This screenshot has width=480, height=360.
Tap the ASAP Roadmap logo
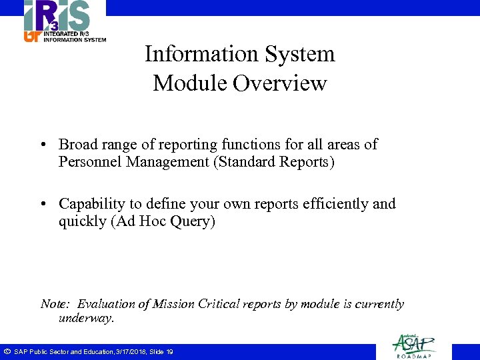click(414, 345)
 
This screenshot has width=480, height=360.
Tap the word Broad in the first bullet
click(77, 144)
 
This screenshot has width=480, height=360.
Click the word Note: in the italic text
click(56, 304)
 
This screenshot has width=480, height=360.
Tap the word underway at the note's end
click(86, 319)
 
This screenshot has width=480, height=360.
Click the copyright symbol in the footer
click(6, 351)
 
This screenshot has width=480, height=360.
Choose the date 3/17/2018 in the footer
click(131, 351)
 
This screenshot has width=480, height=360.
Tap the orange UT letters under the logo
click(31, 37)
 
